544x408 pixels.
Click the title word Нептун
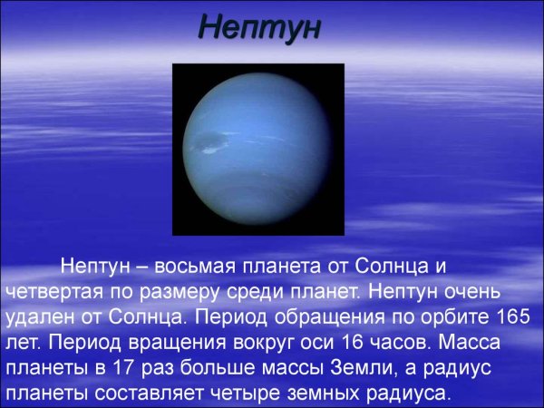click(259, 27)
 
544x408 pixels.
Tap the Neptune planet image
click(258, 149)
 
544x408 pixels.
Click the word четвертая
click(56, 293)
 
